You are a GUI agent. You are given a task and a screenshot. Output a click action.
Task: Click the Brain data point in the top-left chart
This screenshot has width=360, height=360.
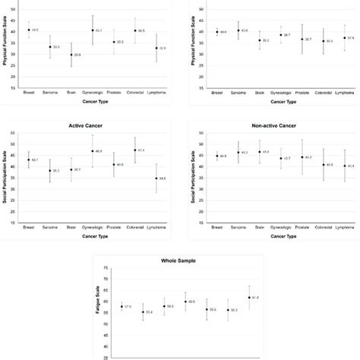click(71, 55)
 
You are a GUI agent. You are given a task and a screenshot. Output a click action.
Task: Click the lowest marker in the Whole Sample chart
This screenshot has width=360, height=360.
click(143, 311)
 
